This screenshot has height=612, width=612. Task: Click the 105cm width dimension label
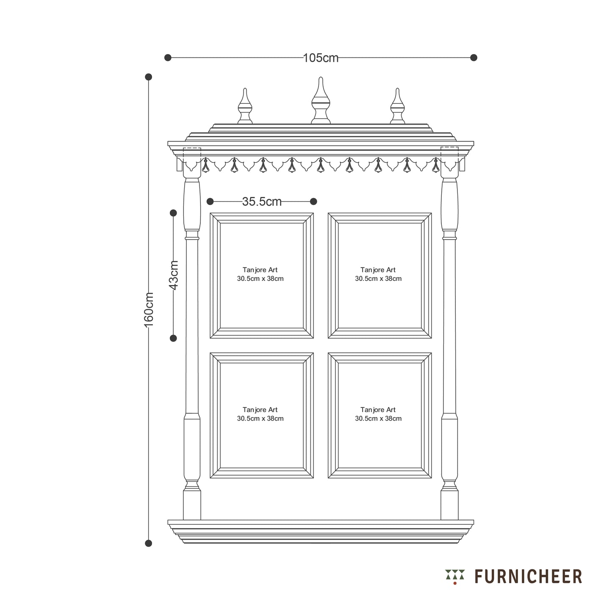click(321, 58)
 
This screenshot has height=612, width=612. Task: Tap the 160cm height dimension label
click(149, 310)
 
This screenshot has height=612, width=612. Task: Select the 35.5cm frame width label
click(262, 201)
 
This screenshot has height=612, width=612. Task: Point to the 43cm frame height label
click(173, 275)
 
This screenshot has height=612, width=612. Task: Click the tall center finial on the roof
click(321, 100)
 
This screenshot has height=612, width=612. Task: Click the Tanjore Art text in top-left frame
click(260, 270)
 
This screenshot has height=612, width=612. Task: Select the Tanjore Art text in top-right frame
click(378, 270)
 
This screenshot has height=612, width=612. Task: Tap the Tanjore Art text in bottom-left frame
click(260, 410)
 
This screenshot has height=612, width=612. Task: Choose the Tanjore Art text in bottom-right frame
click(378, 410)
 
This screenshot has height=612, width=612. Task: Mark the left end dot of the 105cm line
click(168, 58)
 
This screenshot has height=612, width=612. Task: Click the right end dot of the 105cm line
click(474, 58)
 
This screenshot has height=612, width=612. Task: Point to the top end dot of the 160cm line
click(148, 77)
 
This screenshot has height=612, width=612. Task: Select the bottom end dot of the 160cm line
click(148, 543)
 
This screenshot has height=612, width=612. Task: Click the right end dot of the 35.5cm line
click(313, 201)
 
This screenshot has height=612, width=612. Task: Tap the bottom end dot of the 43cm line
click(173, 338)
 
